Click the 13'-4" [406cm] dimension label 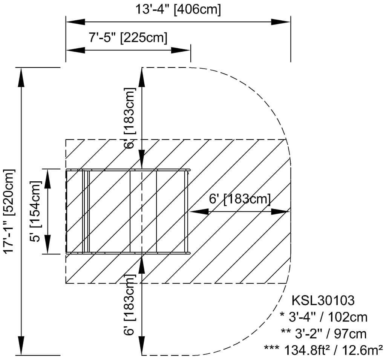178,9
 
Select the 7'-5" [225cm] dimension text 128,38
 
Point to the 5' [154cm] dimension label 35,211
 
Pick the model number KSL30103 323,300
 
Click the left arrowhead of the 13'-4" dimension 75,22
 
